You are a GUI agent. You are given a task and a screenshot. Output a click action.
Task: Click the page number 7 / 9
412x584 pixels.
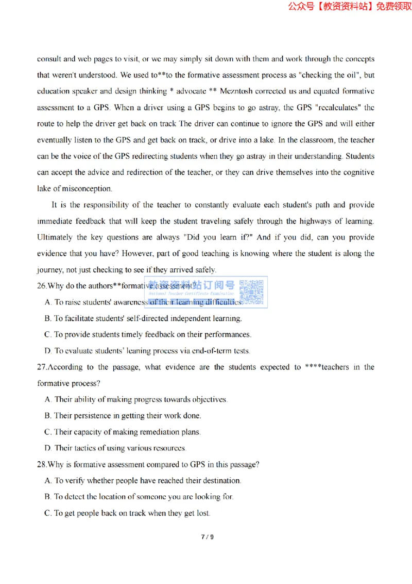tap(207, 537)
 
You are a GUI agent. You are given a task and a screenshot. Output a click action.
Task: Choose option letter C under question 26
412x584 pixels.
tap(48, 334)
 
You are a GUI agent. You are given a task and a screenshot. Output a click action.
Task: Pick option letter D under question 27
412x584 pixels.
tap(48, 448)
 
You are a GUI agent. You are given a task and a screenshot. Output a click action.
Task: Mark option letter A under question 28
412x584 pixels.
tap(48, 480)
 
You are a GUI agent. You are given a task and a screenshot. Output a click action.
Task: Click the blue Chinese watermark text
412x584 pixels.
tap(192, 285)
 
